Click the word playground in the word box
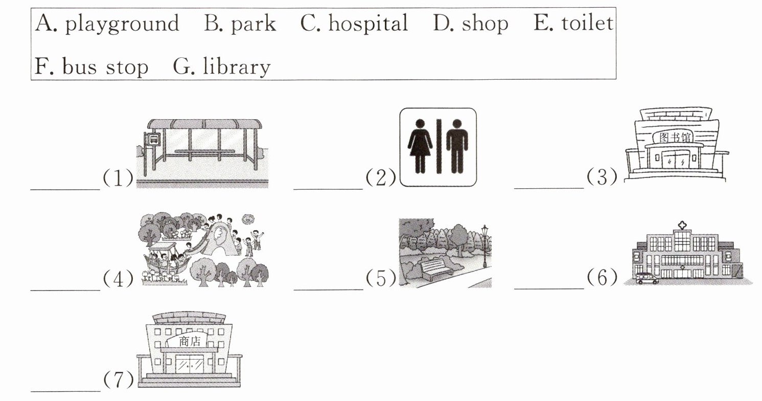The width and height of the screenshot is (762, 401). (122, 24)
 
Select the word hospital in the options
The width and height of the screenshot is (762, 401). (367, 24)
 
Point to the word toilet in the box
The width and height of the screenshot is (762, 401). (587, 23)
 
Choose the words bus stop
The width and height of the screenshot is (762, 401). (105, 67)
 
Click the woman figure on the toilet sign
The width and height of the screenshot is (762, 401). (420, 145)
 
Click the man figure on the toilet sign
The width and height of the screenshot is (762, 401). (456, 145)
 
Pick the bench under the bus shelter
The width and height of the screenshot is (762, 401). (204, 152)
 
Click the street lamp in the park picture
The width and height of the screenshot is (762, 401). (484, 245)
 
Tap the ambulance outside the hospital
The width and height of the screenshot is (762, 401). (648, 278)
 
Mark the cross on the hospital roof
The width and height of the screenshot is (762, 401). (682, 226)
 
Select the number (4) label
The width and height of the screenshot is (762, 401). (118, 279)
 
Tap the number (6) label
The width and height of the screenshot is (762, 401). (602, 278)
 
